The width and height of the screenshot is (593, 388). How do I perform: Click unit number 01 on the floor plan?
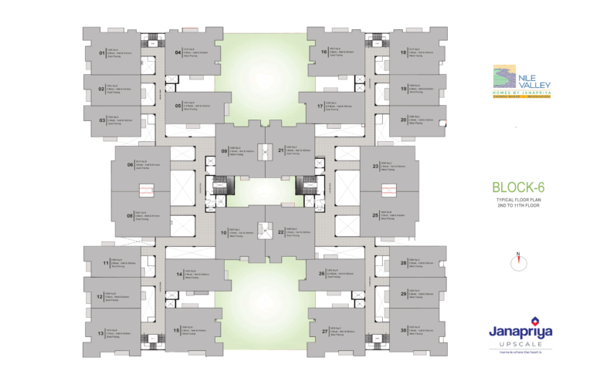[101, 52]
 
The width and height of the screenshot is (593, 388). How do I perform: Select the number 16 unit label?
[324, 52]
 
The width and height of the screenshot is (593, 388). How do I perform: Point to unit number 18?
[403, 52]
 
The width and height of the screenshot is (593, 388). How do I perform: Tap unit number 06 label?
[130, 164]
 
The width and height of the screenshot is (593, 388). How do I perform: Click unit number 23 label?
[375, 166]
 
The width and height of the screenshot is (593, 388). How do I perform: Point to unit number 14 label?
[178, 274]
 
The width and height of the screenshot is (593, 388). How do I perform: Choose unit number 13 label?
[101, 333]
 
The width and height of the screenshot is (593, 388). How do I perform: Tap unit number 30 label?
[403, 330]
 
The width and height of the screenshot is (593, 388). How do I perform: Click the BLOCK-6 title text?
[520, 187]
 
